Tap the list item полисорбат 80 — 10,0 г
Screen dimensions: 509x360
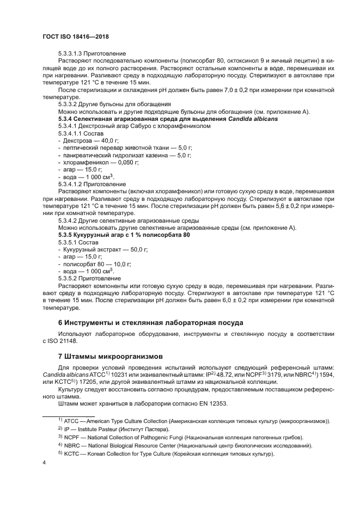pyautogui.click(x=96, y=263)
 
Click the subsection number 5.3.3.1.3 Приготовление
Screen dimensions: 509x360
pyautogui.click(x=92, y=53)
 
